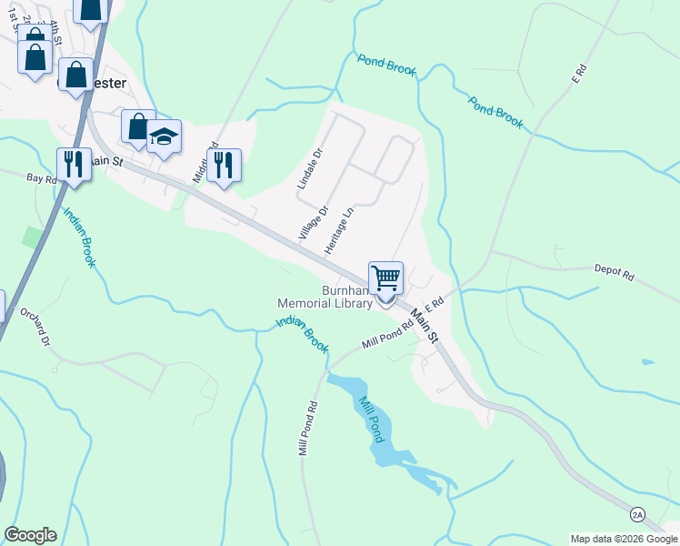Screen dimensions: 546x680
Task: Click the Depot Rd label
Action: [x=614, y=270]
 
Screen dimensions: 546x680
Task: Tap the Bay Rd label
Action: [x=42, y=179]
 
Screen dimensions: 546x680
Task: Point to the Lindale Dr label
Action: [x=309, y=169]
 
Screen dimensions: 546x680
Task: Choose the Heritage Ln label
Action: [x=338, y=232]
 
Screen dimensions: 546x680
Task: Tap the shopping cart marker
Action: [x=385, y=278]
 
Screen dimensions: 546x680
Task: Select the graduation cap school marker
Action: [x=164, y=136]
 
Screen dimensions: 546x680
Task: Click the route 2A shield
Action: [x=637, y=515]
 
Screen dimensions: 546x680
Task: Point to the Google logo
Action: [x=30, y=535]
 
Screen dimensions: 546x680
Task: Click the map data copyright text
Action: [x=623, y=539]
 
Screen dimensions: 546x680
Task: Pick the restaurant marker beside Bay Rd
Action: [x=74, y=165]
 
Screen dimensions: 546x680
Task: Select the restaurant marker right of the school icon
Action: [x=224, y=166]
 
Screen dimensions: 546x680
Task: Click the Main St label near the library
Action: [x=424, y=325]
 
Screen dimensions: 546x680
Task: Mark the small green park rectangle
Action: [x=34, y=238]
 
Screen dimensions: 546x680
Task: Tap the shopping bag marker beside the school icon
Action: [x=138, y=127]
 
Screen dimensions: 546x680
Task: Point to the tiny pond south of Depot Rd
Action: [x=646, y=362]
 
